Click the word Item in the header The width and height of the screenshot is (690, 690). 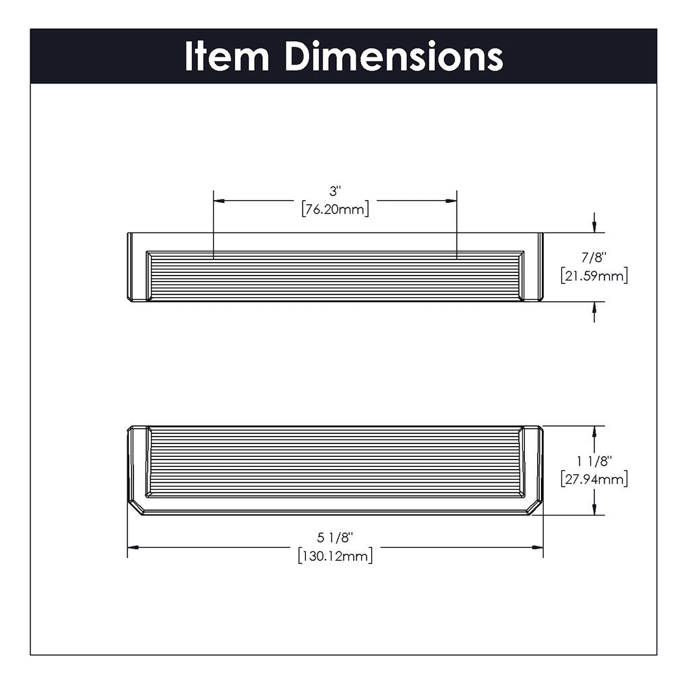(x=226, y=56)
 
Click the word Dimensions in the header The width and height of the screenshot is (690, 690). (x=394, y=56)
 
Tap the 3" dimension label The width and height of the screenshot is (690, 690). (x=336, y=191)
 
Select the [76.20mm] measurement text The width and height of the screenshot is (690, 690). (x=336, y=209)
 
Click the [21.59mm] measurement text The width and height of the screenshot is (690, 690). (x=594, y=276)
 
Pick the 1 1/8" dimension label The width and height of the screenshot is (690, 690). (x=594, y=461)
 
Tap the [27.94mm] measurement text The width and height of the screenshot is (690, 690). (x=594, y=479)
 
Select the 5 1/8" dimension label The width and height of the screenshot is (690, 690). (x=336, y=537)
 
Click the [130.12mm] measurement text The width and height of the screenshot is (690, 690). (x=336, y=556)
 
